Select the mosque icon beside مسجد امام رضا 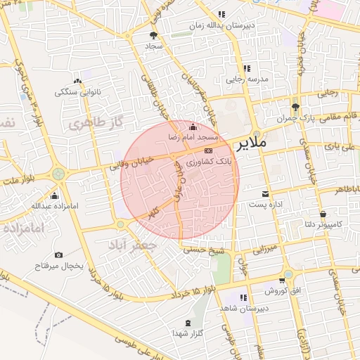[x=193, y=127]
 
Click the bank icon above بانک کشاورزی [x=207, y=150]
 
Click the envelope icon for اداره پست [x=264, y=193]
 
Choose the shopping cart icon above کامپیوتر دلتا [x=323, y=214]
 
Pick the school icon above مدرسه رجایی [x=247, y=68]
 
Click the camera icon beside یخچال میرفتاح [x=58, y=255]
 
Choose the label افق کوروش [x=283, y=290]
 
